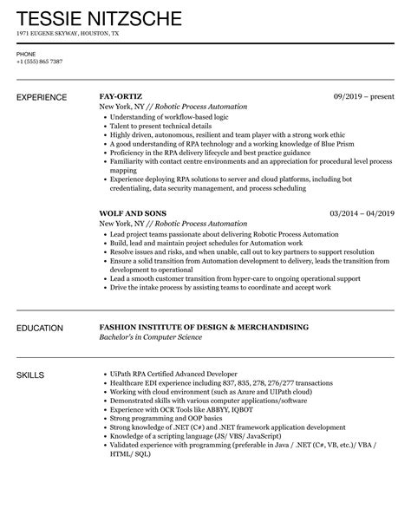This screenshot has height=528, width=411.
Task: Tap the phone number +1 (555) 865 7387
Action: pyautogui.click(x=40, y=62)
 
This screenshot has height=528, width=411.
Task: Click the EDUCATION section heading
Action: pyautogui.click(x=40, y=329)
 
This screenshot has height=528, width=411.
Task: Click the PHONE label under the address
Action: pyautogui.click(x=26, y=53)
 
